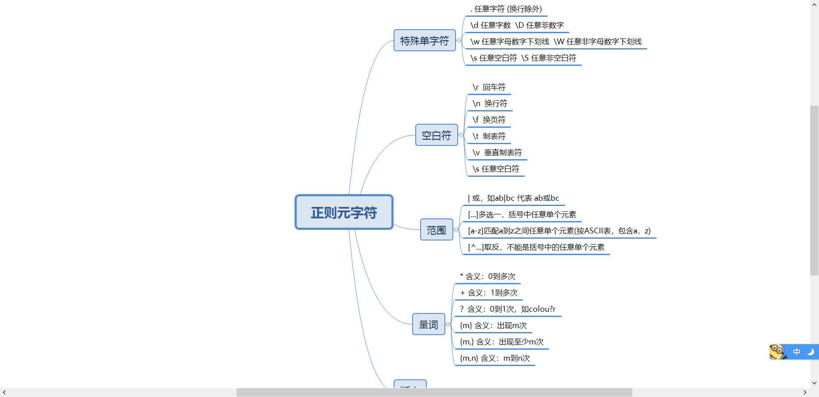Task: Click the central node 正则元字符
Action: click(x=344, y=212)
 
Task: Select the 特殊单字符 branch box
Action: click(x=425, y=41)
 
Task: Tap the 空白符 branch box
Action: click(x=436, y=135)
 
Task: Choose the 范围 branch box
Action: click(x=436, y=230)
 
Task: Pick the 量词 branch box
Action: click(x=429, y=324)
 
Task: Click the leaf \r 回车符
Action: click(x=489, y=87)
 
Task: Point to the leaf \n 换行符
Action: click(x=490, y=103)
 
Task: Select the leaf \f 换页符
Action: click(x=489, y=120)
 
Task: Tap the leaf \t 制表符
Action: click(x=489, y=136)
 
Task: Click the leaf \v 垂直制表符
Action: click(x=497, y=153)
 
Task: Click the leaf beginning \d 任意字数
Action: click(x=517, y=25)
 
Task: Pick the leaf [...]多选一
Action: click(x=522, y=214)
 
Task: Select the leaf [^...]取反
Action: click(x=536, y=247)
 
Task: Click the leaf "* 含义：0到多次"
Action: click(x=487, y=276)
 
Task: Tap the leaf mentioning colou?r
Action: click(x=507, y=309)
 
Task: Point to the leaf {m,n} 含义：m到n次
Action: click(x=494, y=358)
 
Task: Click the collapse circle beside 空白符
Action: click(x=461, y=135)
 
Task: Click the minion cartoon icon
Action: click(x=777, y=352)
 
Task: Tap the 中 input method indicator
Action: click(x=796, y=352)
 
